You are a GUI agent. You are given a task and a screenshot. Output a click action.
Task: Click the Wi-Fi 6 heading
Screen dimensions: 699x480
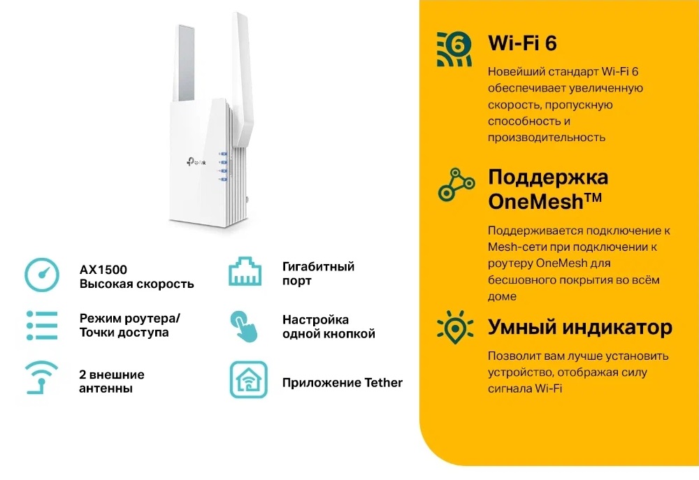[x=522, y=43]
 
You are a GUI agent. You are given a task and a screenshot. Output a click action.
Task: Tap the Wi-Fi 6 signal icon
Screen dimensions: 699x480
[x=454, y=49]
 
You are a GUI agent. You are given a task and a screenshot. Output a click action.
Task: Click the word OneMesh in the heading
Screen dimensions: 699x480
[x=536, y=201]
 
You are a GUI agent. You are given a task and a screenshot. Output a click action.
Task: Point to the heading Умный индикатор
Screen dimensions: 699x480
[x=580, y=327]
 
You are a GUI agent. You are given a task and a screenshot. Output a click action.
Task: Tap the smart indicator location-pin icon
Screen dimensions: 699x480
[x=455, y=328]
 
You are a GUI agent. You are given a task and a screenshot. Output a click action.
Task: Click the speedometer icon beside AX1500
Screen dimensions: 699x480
[x=42, y=275]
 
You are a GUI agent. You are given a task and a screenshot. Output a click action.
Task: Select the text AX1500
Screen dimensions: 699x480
[x=103, y=270]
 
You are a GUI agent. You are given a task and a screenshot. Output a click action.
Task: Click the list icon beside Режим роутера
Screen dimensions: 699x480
[x=42, y=326]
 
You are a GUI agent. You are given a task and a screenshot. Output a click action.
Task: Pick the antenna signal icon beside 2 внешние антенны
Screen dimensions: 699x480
[x=41, y=377]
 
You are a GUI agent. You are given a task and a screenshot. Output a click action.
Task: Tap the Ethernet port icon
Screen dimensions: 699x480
[x=245, y=271]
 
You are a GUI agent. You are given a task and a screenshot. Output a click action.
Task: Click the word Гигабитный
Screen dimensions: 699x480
[x=318, y=266]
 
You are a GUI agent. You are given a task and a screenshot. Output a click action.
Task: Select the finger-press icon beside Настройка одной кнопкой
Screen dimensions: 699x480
[x=244, y=327]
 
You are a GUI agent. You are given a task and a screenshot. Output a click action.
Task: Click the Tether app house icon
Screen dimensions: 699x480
[x=249, y=379]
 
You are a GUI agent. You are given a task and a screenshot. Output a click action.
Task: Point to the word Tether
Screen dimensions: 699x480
[x=383, y=382]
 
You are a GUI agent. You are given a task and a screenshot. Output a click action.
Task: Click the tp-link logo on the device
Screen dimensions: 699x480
[x=196, y=162]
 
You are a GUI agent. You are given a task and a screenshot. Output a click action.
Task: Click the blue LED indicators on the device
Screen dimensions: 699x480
[x=223, y=166]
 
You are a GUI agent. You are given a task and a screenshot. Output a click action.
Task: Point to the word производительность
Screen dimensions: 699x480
[x=547, y=137]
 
